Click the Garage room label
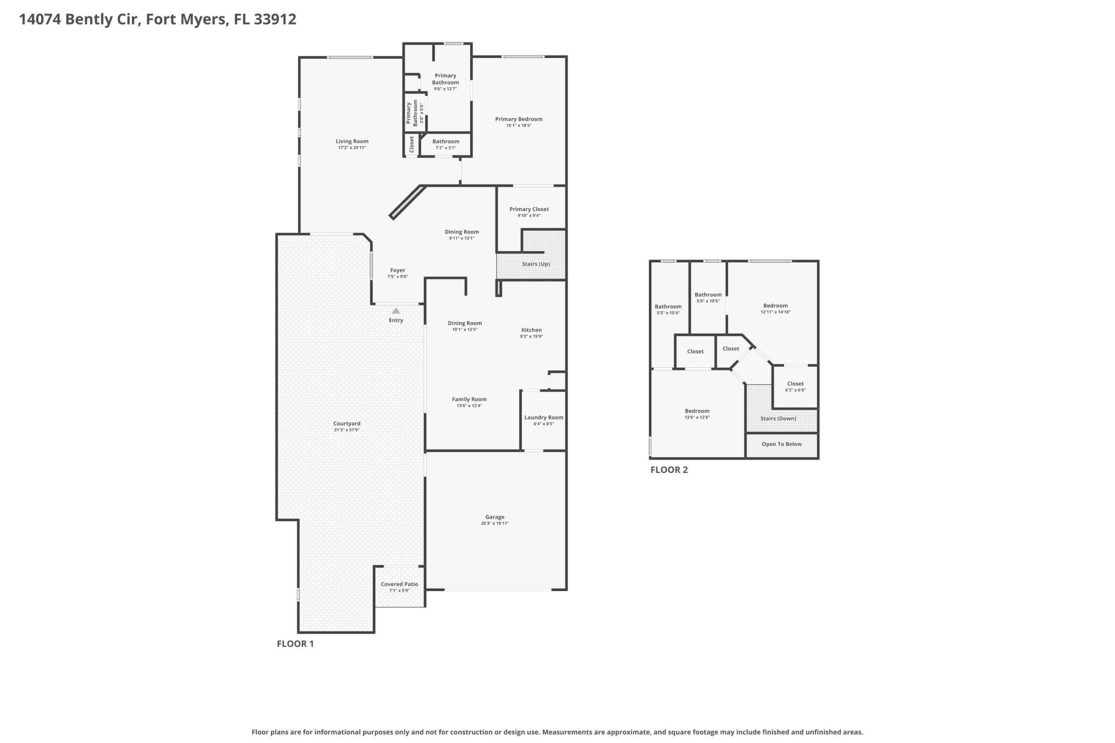click(x=495, y=517)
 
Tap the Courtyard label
click(x=347, y=424)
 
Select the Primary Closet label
click(x=529, y=209)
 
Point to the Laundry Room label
click(x=544, y=417)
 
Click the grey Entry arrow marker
click(x=396, y=311)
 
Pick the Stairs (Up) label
click(x=536, y=263)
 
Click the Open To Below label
click(x=782, y=444)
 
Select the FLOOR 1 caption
click(x=295, y=643)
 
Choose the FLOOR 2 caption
click(x=669, y=470)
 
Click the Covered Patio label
click(x=399, y=584)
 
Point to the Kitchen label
click(x=532, y=330)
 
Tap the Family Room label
click(x=469, y=400)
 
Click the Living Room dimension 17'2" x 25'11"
click(x=352, y=148)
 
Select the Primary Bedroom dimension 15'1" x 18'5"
click(x=519, y=125)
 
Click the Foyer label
click(x=397, y=270)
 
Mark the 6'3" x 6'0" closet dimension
click(x=795, y=390)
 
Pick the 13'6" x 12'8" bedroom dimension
click(x=697, y=417)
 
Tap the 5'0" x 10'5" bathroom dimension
click(x=708, y=301)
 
